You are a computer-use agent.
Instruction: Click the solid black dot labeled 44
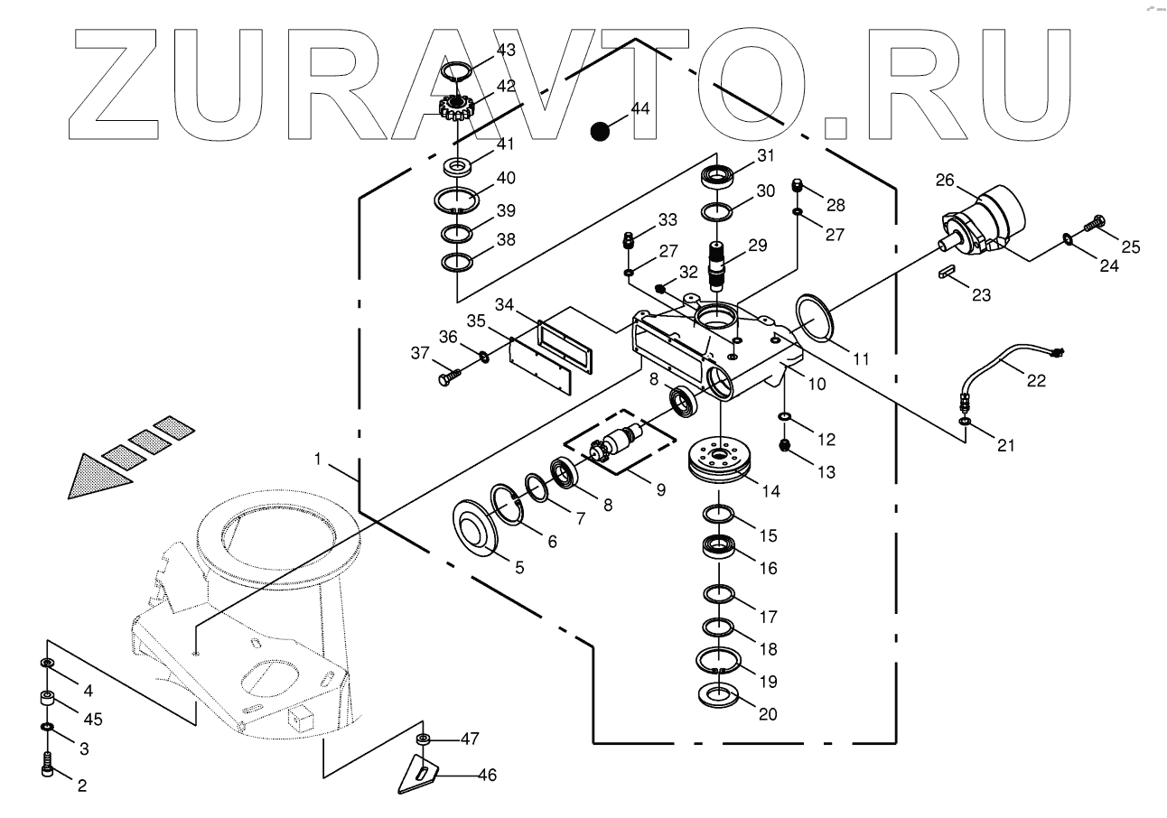click(x=599, y=131)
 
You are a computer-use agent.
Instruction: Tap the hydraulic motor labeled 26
click(x=987, y=222)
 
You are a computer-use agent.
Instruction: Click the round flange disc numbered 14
click(x=720, y=457)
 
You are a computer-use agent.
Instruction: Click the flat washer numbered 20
click(x=720, y=696)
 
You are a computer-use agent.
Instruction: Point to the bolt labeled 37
click(x=451, y=375)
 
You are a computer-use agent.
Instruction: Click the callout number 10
click(x=817, y=384)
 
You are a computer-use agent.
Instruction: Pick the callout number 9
click(x=660, y=490)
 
